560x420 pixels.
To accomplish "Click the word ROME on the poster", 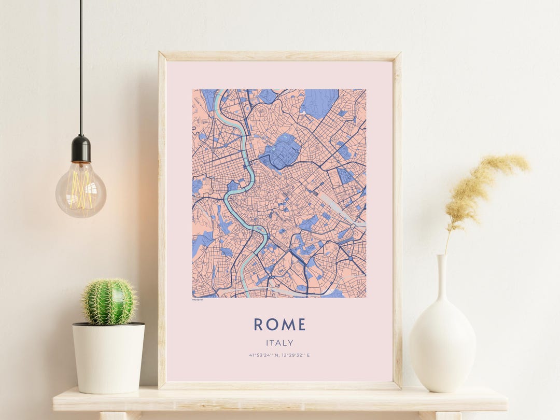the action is click(x=279, y=325).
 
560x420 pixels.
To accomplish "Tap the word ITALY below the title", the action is click(x=279, y=343).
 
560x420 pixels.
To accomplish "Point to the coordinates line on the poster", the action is click(x=279, y=355).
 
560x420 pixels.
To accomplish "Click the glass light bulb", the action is click(x=81, y=189).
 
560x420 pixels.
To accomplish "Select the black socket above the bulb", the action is click(x=81, y=149).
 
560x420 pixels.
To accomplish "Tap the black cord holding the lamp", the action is click(x=80, y=67).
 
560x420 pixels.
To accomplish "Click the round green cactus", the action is click(x=109, y=302).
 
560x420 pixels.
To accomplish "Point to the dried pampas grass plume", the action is click(x=485, y=181).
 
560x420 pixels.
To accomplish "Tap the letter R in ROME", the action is click(x=259, y=325).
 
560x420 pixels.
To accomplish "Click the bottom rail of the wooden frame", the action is click(x=279, y=385).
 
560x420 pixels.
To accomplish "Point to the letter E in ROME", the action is click(x=301, y=325).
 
